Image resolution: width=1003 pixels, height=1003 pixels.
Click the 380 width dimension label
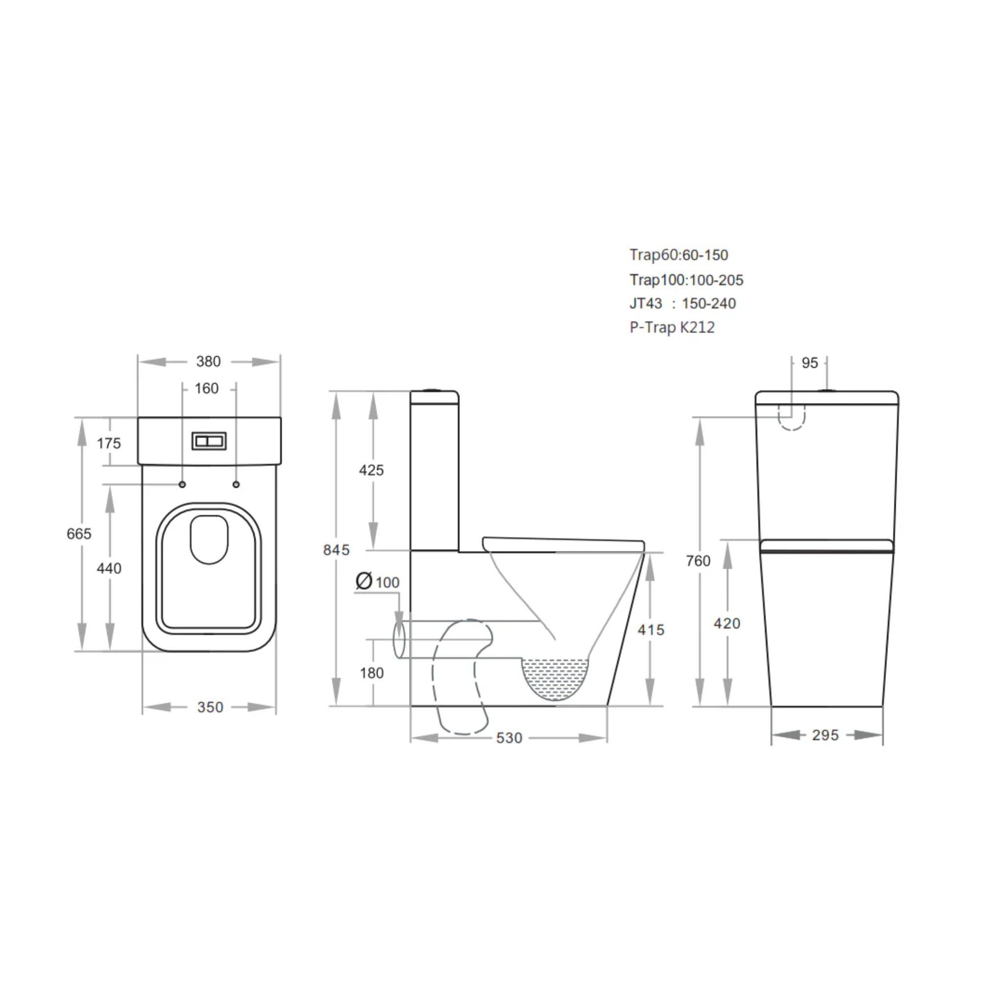click(208, 361)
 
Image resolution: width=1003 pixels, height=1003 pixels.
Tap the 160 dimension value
click(206, 388)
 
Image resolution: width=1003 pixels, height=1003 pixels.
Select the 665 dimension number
click(79, 534)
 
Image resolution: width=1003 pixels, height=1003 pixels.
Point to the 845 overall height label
click(336, 550)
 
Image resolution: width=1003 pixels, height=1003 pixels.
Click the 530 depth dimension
click(509, 738)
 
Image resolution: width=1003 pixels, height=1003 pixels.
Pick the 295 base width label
click(825, 735)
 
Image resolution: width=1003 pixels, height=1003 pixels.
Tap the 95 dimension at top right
click(810, 363)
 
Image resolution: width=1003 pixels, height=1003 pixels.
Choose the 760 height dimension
click(698, 561)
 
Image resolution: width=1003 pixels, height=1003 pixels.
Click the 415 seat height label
click(651, 630)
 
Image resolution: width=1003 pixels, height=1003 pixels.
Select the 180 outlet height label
click(372, 673)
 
